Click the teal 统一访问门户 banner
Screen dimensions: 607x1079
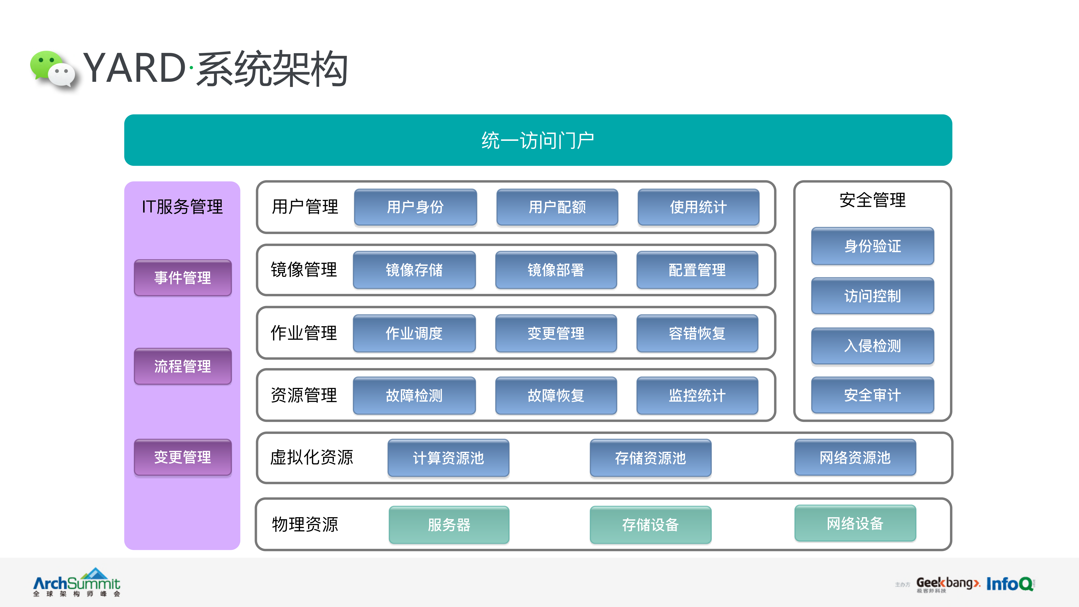[x=538, y=140]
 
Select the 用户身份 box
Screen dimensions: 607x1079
[x=415, y=207]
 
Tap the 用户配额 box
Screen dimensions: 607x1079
[x=557, y=207]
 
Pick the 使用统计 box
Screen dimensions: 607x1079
[x=698, y=207]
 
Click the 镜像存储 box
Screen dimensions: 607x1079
[x=414, y=270]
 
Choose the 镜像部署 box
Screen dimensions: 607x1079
[x=556, y=270]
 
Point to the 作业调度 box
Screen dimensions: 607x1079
[x=414, y=333]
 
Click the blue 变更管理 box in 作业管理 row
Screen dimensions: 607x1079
[x=556, y=333]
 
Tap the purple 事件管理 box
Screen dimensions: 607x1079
[x=183, y=277]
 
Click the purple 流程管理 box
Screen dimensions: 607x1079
[x=183, y=366]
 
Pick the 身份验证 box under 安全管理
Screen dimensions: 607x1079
[x=872, y=246]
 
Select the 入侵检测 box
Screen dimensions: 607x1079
[x=872, y=346]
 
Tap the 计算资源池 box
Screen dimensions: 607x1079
[x=448, y=458]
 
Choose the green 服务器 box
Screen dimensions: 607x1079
[x=449, y=525]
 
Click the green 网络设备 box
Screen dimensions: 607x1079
[x=855, y=523]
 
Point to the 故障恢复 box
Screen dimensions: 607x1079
[x=556, y=395]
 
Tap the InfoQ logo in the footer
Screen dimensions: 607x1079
[x=1009, y=584]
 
